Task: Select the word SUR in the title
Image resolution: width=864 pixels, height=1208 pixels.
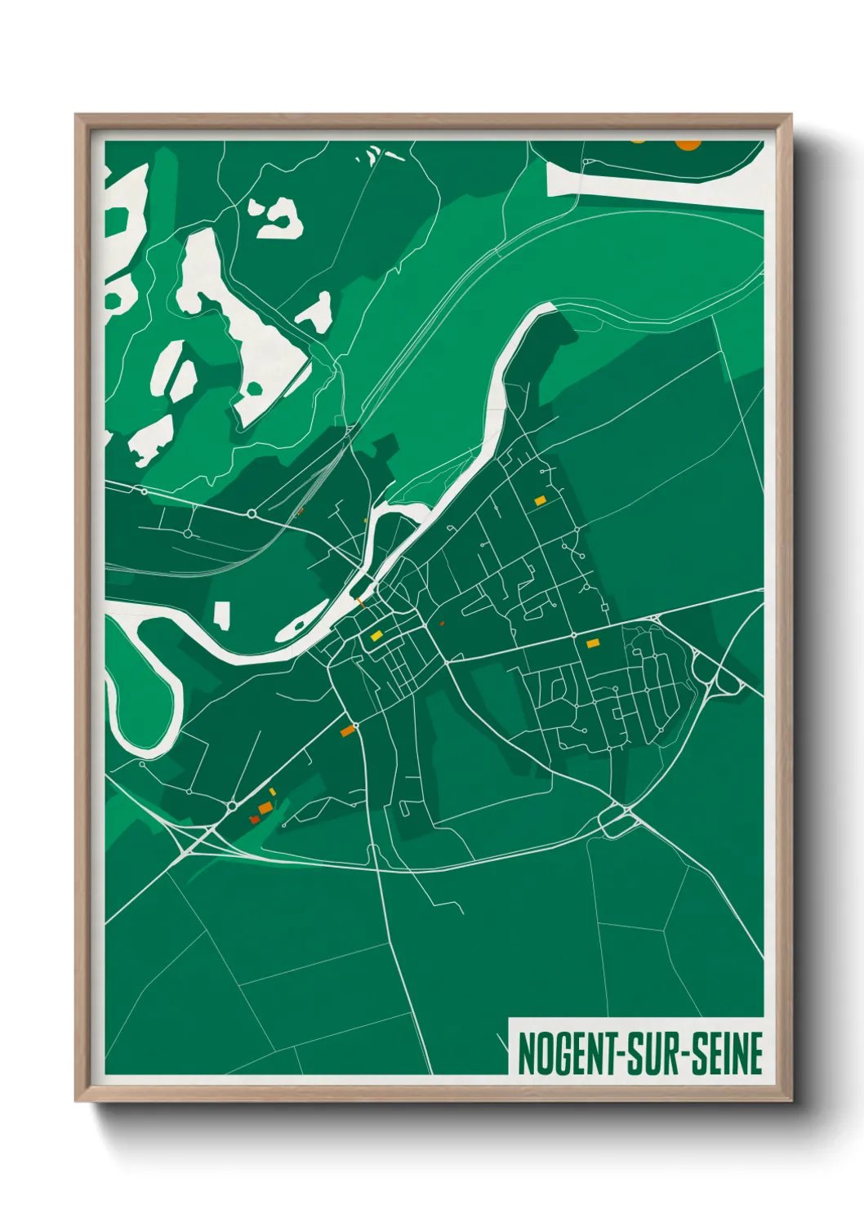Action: pyautogui.click(x=658, y=1054)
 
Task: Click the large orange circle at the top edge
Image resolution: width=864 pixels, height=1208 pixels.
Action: pyautogui.click(x=688, y=144)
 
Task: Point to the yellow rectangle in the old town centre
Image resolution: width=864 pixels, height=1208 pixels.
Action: pyautogui.click(x=376, y=636)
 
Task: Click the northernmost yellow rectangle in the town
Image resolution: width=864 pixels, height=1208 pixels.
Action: pyautogui.click(x=540, y=500)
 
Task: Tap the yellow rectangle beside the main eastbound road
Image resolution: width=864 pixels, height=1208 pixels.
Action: pyautogui.click(x=593, y=643)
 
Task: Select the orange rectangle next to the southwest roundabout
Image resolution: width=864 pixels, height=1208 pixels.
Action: pyautogui.click(x=348, y=731)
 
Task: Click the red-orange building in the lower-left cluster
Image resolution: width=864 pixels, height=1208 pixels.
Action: pyautogui.click(x=255, y=818)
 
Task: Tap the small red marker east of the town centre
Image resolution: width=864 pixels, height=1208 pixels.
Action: pyautogui.click(x=442, y=624)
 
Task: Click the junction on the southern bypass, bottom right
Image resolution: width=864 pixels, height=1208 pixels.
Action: pyautogui.click(x=621, y=816)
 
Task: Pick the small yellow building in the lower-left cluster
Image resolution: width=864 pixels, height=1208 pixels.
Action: pyautogui.click(x=273, y=792)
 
